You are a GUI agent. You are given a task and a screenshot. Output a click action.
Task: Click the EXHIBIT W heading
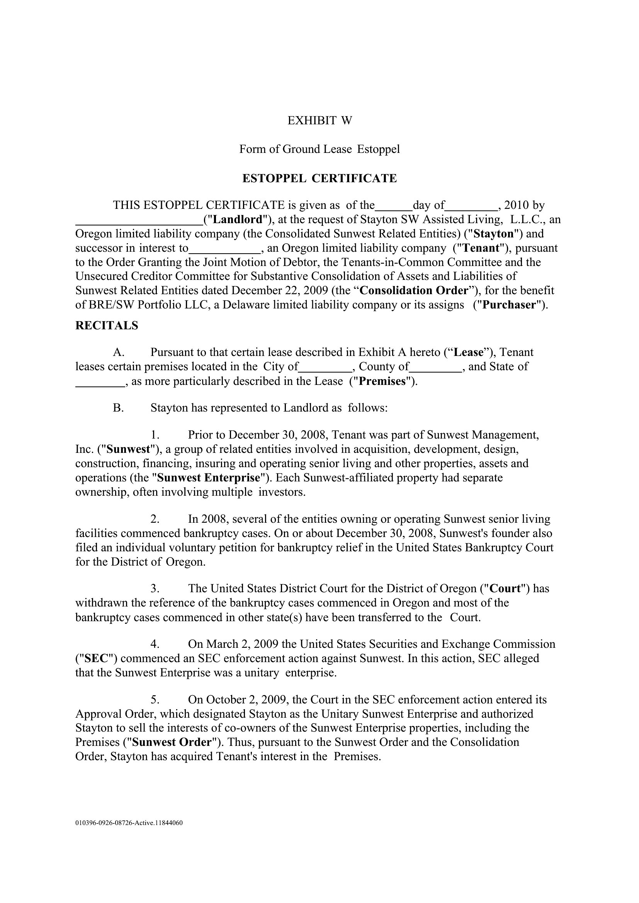(319, 120)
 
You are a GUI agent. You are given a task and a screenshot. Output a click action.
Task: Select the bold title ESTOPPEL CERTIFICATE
(319, 179)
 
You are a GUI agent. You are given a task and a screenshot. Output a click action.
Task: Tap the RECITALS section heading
(107, 326)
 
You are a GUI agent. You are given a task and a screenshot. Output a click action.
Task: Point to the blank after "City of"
(325, 367)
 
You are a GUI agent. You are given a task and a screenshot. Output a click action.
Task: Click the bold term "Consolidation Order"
(414, 291)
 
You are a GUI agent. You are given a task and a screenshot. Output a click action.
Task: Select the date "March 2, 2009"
(242, 644)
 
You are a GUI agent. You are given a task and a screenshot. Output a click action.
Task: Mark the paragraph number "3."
(155, 589)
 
